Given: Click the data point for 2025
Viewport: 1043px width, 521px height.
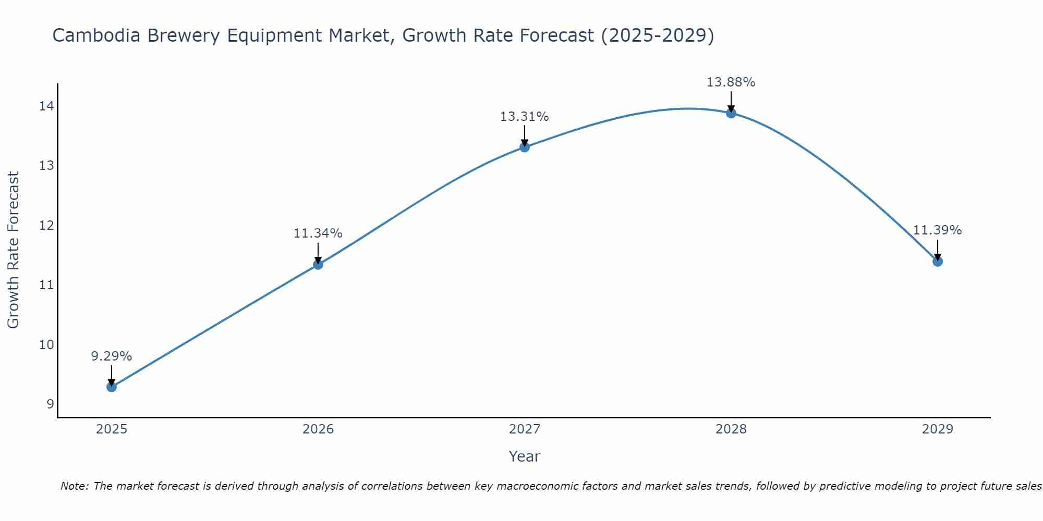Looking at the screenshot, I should (111, 387).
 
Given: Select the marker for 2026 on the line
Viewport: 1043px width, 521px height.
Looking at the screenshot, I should (318, 264).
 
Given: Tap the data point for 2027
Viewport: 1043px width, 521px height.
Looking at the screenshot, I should (524, 147).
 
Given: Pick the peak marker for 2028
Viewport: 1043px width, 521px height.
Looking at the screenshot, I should (731, 113).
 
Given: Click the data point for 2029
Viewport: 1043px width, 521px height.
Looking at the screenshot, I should (937, 261).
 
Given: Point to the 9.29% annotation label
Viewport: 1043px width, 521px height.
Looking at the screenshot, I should (111, 356).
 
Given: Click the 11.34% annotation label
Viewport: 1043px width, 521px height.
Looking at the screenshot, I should (318, 233).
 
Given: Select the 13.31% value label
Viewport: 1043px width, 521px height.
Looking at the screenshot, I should (524, 117).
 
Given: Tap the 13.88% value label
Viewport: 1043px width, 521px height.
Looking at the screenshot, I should (731, 82).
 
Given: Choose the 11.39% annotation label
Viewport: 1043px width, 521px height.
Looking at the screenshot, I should (937, 230).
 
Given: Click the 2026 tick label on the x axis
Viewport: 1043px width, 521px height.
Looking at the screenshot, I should (318, 429).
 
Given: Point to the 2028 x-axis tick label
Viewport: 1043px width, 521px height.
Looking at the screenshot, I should (731, 429).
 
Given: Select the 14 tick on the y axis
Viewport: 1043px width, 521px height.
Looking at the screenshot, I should (46, 106).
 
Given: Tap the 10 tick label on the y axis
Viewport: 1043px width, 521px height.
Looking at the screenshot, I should (46, 344).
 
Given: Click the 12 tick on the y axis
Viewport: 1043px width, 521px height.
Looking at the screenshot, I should (46, 226).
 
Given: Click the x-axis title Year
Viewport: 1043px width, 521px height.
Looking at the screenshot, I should (524, 456).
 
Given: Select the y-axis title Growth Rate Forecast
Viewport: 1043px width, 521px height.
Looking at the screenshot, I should (14, 250).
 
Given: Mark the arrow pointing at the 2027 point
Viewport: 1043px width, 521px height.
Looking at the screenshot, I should (524, 135).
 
